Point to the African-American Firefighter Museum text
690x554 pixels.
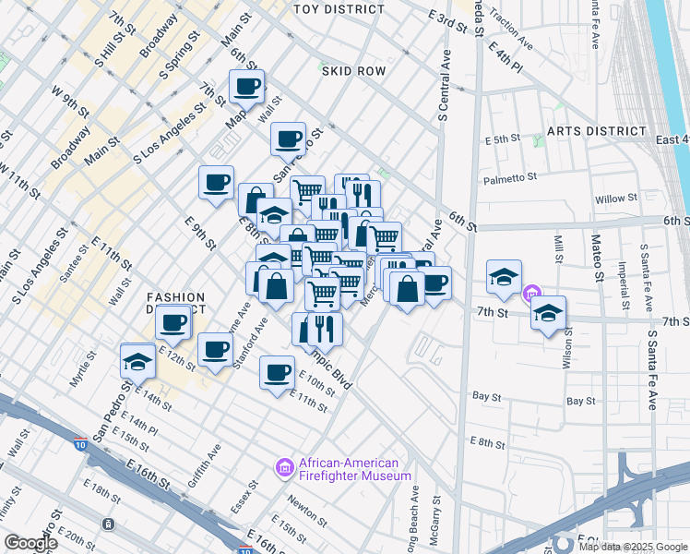click(354, 469)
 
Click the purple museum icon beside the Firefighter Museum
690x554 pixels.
click(285, 469)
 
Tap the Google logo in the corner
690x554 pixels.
click(31, 543)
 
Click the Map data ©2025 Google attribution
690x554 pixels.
click(634, 546)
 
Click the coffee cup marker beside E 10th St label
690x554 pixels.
click(277, 372)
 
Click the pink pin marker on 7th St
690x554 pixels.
click(531, 295)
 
